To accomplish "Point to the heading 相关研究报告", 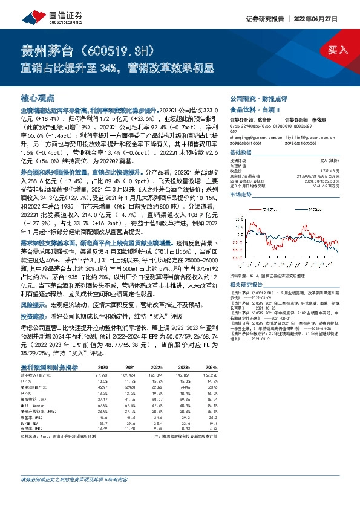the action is (244, 266).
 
